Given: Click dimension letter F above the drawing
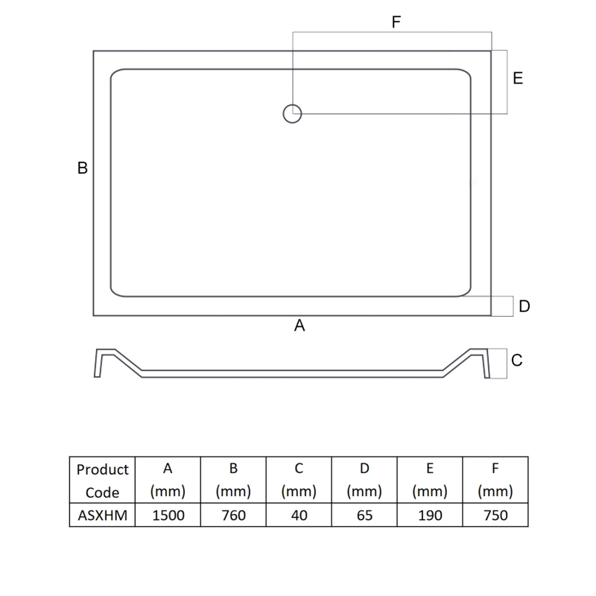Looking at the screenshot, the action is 396,22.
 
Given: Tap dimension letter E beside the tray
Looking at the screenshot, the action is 518,78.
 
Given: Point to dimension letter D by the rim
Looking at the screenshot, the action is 524,306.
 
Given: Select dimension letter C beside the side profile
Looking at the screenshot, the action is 517,361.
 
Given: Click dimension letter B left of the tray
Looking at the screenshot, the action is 83,168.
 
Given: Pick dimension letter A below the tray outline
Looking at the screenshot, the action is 299,326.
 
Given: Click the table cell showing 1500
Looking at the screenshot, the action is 168,515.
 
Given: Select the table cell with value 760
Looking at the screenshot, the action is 233,515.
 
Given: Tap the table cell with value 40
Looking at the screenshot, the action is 299,515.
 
